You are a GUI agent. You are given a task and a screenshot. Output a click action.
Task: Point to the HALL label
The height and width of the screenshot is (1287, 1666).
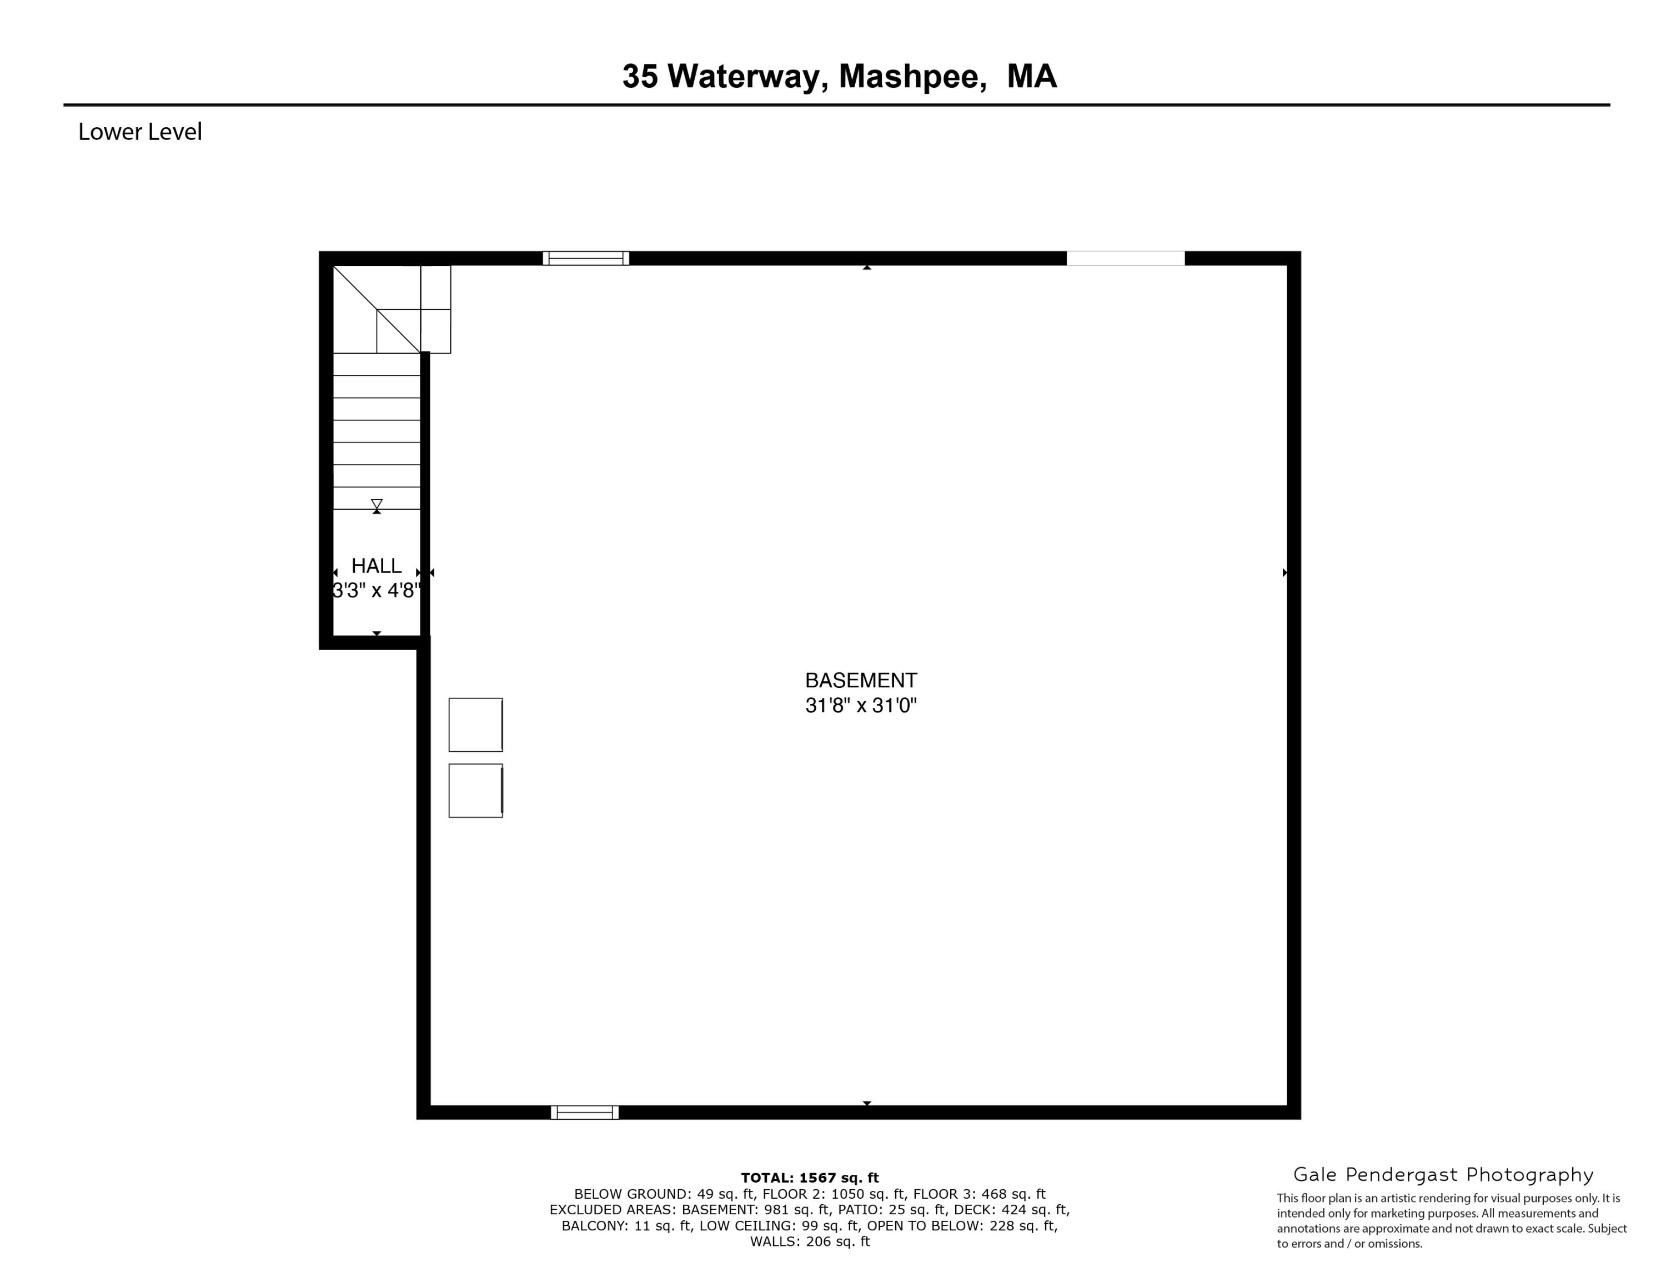[376, 566]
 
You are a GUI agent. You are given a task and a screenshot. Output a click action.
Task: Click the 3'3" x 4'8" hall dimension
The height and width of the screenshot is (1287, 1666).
[376, 590]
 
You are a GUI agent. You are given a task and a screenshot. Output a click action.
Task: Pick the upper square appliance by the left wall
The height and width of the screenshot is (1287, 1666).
[475, 725]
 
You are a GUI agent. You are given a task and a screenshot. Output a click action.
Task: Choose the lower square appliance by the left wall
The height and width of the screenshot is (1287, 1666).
[475, 791]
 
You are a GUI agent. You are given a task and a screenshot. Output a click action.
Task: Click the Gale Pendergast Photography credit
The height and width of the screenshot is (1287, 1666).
[1443, 1175]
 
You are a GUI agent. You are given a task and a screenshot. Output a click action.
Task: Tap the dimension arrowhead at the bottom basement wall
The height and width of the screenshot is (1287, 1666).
[866, 1103]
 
